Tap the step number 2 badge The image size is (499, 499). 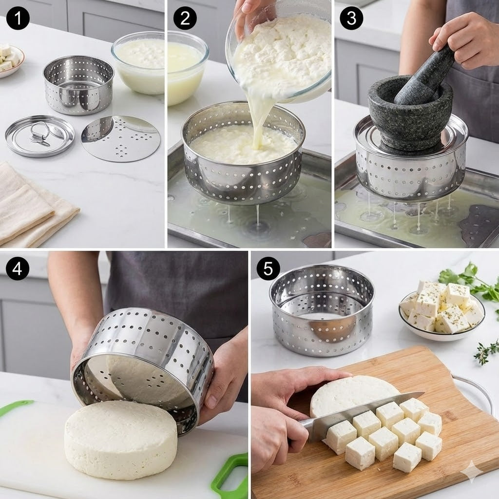[x=185, y=19]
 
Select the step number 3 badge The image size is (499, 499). [x=351, y=19]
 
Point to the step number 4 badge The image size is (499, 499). [x=18, y=269]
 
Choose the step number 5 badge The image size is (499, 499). [x=268, y=268]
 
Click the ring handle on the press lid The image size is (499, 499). [x=39, y=134]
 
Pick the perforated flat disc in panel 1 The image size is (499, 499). [x=121, y=138]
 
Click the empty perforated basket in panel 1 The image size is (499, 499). [x=78, y=85]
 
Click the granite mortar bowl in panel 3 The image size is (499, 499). [x=409, y=115]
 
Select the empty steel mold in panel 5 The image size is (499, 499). [x=322, y=309]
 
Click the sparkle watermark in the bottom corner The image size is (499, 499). [x=471, y=471]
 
